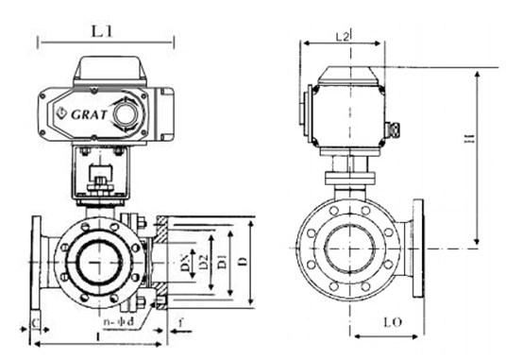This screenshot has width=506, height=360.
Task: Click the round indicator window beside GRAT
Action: (x=126, y=112)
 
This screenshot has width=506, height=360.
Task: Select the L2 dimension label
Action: (x=344, y=35)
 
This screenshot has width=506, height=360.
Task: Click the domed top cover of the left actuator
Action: (x=110, y=69)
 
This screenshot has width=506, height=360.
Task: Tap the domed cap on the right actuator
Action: (x=348, y=75)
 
